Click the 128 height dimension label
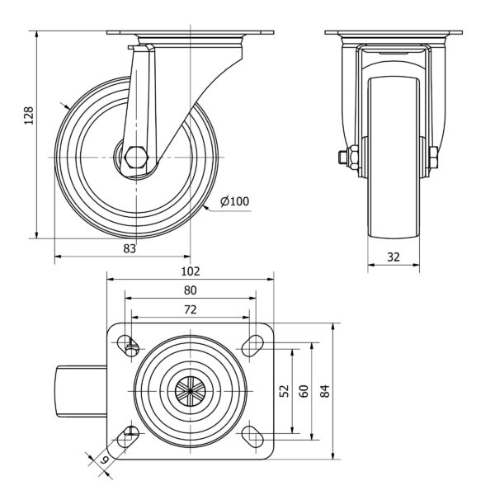pyautogui.click(x=29, y=115)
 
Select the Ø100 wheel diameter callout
pyautogui.click(x=234, y=201)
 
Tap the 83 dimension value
pyautogui.click(x=130, y=249)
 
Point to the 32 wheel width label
pyautogui.click(x=394, y=257)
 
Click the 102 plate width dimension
pyautogui.click(x=191, y=271)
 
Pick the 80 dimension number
pyautogui.click(x=191, y=290)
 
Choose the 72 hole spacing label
pyautogui.click(x=191, y=309)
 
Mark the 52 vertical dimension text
pyautogui.click(x=285, y=390)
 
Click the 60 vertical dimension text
pyautogui.click(x=304, y=390)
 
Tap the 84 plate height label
pyautogui.click(x=326, y=390)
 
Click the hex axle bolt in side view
pyautogui.click(x=135, y=158)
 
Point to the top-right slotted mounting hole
pyautogui.click(x=252, y=346)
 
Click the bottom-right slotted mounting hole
pyautogui.click(x=252, y=436)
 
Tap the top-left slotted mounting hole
pyautogui.click(x=128, y=346)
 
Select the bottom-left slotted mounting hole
pyautogui.click(x=128, y=436)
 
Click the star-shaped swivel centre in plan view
pyautogui.click(x=191, y=391)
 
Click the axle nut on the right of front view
pyautogui.click(x=433, y=157)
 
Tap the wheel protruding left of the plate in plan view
pyautogui.click(x=82, y=391)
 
